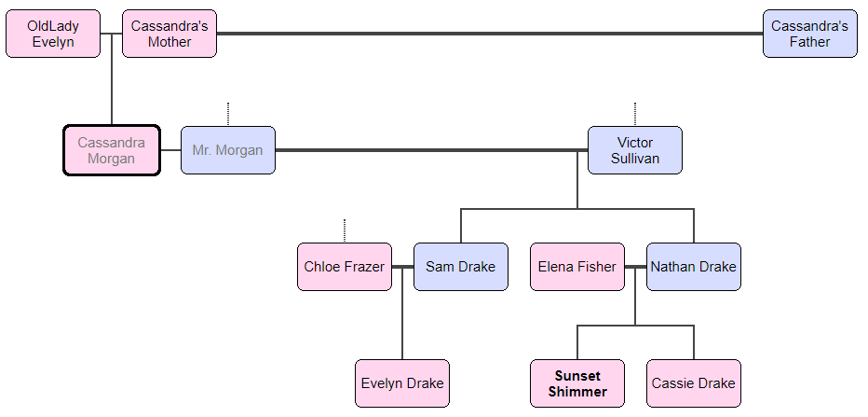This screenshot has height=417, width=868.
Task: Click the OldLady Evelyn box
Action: (x=53, y=34)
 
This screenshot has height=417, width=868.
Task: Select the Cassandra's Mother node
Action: (x=170, y=34)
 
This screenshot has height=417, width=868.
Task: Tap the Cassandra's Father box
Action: (x=809, y=34)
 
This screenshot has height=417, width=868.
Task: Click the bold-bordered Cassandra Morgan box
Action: (x=112, y=150)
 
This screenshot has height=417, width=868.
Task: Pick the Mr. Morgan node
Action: (x=228, y=150)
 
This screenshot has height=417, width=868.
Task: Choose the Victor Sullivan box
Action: (x=635, y=150)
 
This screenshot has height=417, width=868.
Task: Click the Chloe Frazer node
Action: (x=345, y=267)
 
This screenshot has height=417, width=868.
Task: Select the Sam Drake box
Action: (x=461, y=267)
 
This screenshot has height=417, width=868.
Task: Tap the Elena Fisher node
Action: (x=577, y=267)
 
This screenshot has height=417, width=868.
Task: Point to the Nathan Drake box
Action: (x=694, y=267)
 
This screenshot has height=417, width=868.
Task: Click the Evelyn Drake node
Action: (x=402, y=383)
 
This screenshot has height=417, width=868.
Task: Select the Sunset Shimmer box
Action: (x=577, y=383)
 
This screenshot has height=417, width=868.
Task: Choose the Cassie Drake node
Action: (x=694, y=383)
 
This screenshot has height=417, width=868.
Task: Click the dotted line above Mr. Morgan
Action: (x=228, y=114)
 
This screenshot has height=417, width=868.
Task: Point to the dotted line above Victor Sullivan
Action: (x=635, y=114)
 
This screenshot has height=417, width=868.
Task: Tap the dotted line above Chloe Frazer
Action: (x=345, y=230)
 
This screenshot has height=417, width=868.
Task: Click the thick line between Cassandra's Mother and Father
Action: (x=489, y=34)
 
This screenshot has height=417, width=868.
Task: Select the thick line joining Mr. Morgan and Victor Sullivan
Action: (x=431, y=150)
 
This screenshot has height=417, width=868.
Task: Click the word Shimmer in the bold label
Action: (x=577, y=392)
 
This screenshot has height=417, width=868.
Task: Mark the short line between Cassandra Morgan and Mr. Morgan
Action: (x=170, y=150)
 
